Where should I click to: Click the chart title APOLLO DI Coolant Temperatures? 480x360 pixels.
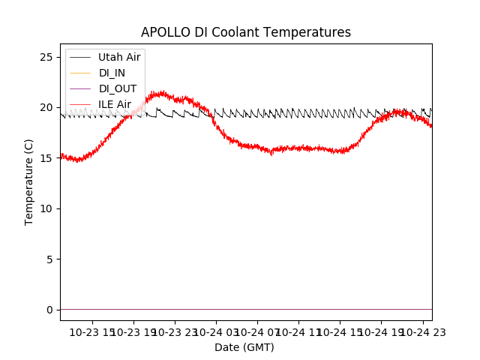click(x=246, y=32)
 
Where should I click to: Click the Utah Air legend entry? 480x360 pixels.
click(x=119, y=57)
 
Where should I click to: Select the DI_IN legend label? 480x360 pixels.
click(x=112, y=73)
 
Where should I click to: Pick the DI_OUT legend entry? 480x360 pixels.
click(x=118, y=88)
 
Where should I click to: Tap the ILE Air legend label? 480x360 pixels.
click(x=115, y=104)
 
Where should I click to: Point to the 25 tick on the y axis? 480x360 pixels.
click(x=46, y=57)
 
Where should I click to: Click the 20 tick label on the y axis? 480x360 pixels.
click(x=46, y=107)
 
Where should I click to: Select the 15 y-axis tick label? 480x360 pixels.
click(x=46, y=158)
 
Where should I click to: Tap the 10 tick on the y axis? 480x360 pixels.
click(x=46, y=208)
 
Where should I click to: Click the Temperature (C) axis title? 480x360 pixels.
click(x=29, y=181)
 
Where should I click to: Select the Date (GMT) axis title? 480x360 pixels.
click(x=244, y=347)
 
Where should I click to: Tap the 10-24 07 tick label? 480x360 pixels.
click(x=257, y=331)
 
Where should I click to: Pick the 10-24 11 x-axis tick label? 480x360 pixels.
click(x=298, y=331)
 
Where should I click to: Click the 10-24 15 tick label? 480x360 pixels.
click(x=340, y=331)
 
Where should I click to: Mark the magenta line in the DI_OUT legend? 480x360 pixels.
click(x=79, y=88)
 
